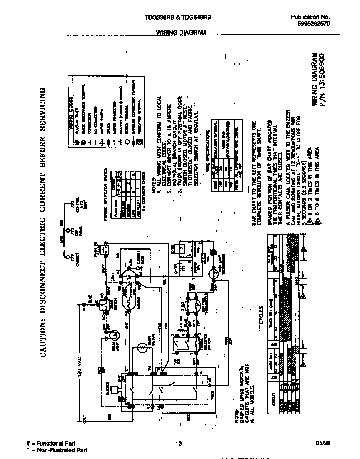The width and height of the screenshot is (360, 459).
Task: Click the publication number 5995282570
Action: tap(314, 24)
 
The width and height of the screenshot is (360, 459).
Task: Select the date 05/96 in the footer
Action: tap(323, 444)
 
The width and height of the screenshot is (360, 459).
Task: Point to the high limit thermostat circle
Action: tap(214, 275)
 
